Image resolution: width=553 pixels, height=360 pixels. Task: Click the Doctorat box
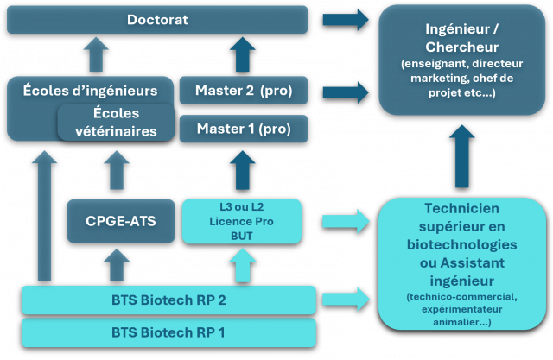point(156,19)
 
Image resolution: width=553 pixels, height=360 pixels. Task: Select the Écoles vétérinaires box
point(116,123)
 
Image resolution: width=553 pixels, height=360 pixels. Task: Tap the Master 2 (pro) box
point(243,91)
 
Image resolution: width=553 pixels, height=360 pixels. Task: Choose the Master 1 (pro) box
point(243,129)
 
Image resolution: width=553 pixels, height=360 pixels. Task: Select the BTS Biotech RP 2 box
point(168,300)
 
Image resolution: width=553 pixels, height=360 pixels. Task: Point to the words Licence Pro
point(241,222)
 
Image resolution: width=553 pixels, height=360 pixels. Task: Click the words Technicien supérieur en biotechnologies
point(461,227)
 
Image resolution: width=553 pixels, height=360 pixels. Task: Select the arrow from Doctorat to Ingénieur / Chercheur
point(344,18)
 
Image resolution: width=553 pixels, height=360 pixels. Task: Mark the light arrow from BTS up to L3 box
point(241,265)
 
